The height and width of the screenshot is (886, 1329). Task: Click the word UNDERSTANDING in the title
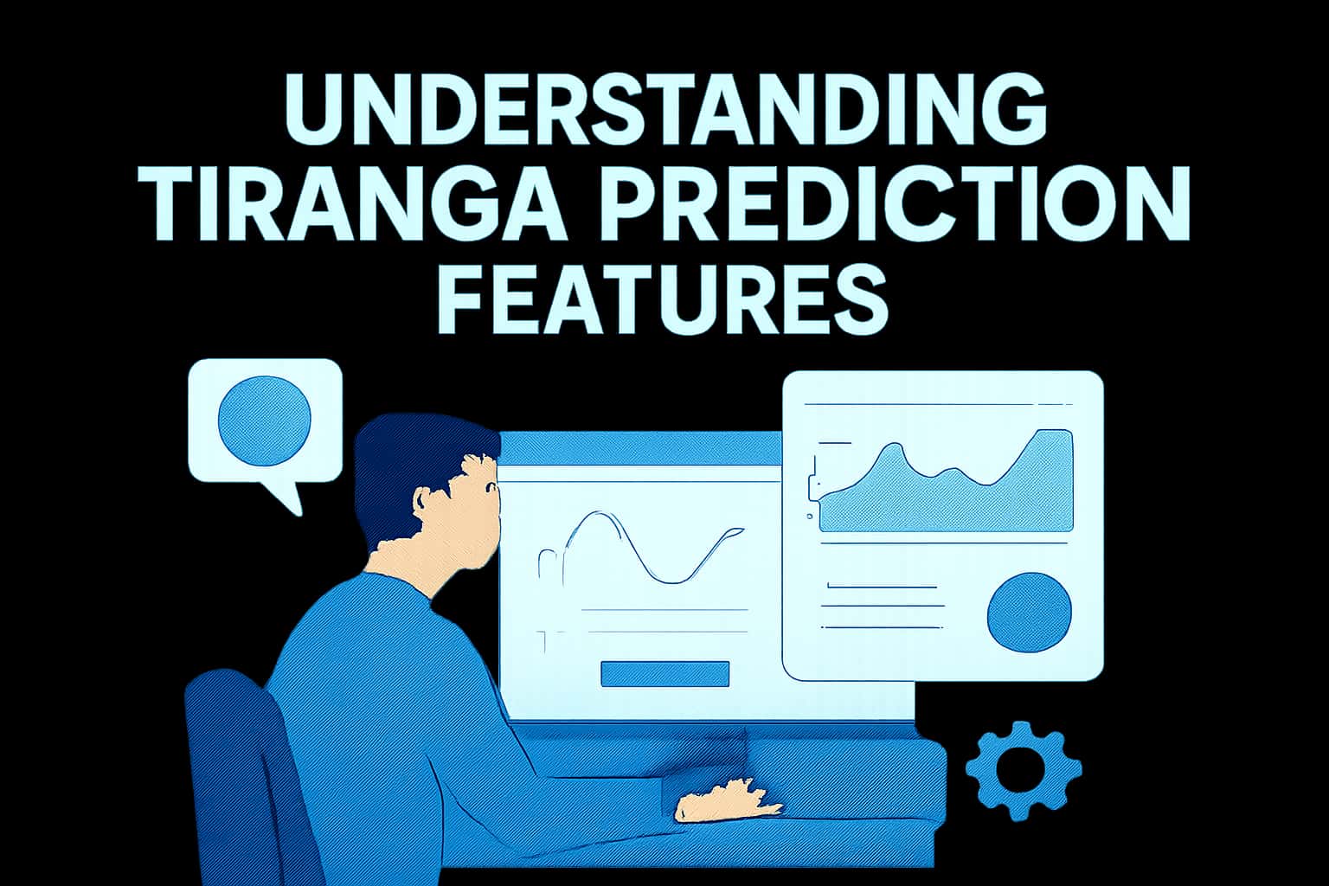pos(664,110)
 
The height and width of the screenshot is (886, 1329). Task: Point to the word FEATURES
pos(664,300)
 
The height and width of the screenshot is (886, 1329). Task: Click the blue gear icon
pos(1024,769)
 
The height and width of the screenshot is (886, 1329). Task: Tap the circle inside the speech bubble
pos(264,418)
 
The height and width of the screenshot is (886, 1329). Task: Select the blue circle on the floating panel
pos(1029,613)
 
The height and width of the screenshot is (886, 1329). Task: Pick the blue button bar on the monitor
pos(664,674)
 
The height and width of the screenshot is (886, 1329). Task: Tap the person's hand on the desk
pos(727,800)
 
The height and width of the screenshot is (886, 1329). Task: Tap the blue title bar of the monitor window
pos(640,451)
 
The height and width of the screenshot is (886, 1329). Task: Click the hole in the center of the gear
pos(1024,769)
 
